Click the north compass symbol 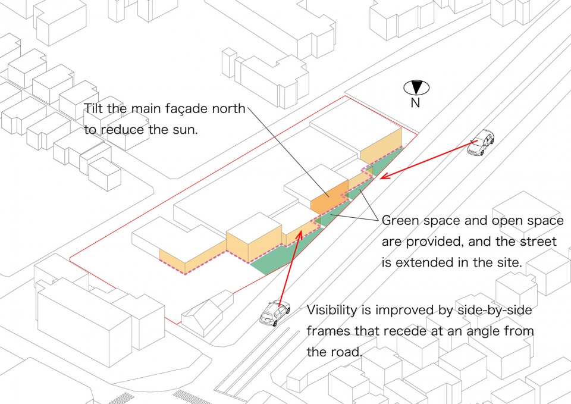tap(416, 88)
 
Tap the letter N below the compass tap(415, 103)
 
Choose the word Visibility tap(332, 311)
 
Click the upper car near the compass tap(481, 142)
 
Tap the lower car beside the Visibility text tap(275, 313)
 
